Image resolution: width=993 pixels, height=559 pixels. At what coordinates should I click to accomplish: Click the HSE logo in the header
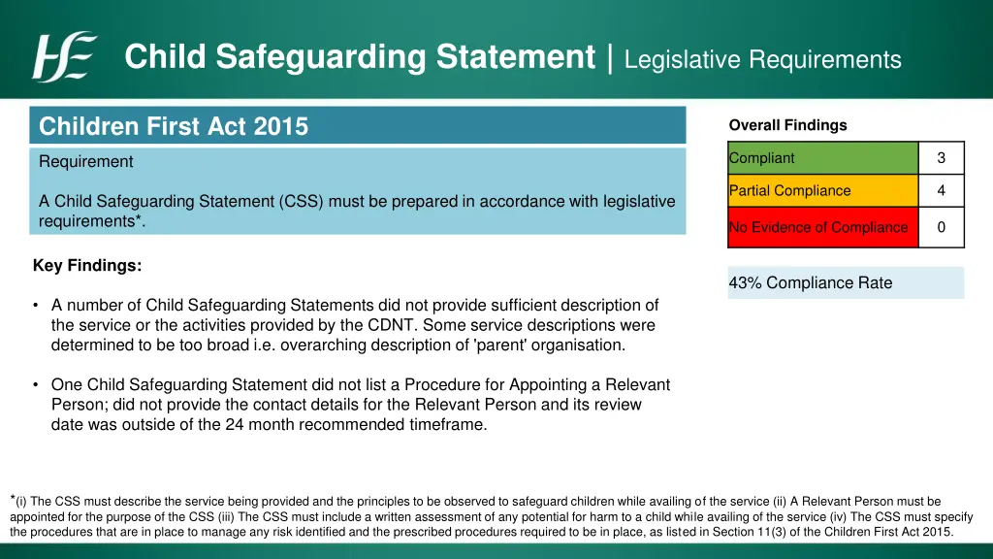64,57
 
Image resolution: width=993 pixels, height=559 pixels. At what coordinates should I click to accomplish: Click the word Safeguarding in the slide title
320,57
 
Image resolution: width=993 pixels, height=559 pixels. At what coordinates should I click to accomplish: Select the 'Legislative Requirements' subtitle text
763,60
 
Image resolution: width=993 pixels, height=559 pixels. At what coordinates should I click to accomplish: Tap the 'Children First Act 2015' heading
174,126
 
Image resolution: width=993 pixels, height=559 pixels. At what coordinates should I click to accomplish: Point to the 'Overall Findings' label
787,125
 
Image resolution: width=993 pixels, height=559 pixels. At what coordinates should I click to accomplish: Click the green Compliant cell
822,158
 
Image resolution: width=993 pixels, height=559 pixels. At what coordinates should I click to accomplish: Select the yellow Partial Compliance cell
822,191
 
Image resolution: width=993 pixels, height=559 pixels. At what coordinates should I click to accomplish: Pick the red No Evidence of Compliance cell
822,227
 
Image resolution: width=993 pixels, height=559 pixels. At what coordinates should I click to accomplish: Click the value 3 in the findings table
941,158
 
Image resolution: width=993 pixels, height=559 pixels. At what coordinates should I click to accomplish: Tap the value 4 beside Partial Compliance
941,191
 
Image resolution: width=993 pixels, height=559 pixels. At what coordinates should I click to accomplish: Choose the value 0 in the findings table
941,227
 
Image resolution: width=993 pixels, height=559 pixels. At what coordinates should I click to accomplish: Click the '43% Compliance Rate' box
846,283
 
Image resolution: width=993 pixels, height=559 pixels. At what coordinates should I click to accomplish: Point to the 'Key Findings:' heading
87,265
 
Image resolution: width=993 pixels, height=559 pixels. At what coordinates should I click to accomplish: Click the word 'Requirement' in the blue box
86,161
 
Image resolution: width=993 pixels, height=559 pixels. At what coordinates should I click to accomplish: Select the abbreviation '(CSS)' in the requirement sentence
303,202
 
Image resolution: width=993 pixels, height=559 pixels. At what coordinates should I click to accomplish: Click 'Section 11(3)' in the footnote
750,532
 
